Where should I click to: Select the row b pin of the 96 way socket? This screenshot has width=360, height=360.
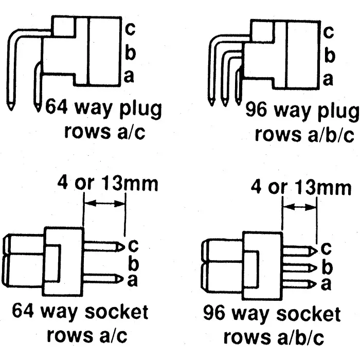pos(298,267)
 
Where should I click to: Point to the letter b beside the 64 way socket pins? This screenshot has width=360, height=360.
pos(133,263)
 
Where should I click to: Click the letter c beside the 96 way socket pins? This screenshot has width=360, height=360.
pos(326,248)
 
